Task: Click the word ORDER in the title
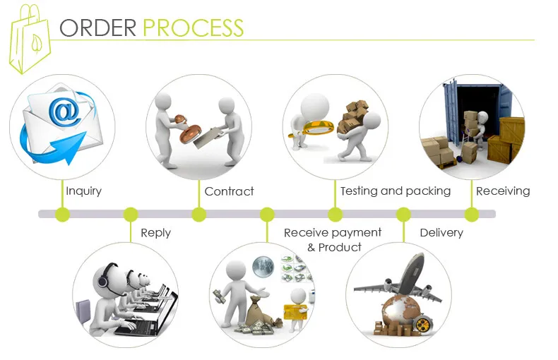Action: pyautogui.click(x=98, y=28)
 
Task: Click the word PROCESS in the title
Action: pyautogui.click(x=194, y=28)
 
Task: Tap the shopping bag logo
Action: pyautogui.click(x=30, y=38)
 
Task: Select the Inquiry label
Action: pyautogui.click(x=83, y=191)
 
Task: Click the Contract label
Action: pyautogui.click(x=229, y=191)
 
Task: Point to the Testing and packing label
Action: pyautogui.click(x=396, y=191)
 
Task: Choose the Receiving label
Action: pyautogui.click(x=503, y=191)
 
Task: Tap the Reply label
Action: pyautogui.click(x=156, y=233)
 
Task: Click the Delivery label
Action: pyautogui.click(x=441, y=233)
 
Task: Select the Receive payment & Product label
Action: pyautogui.click(x=333, y=240)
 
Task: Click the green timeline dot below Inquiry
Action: pyautogui.click(x=63, y=215)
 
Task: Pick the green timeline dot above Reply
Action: pyautogui.click(x=131, y=215)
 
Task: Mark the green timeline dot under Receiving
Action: pyautogui.click(x=472, y=215)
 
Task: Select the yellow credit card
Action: pyautogui.click(x=295, y=312)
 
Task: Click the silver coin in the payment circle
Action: pyautogui.click(x=263, y=267)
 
